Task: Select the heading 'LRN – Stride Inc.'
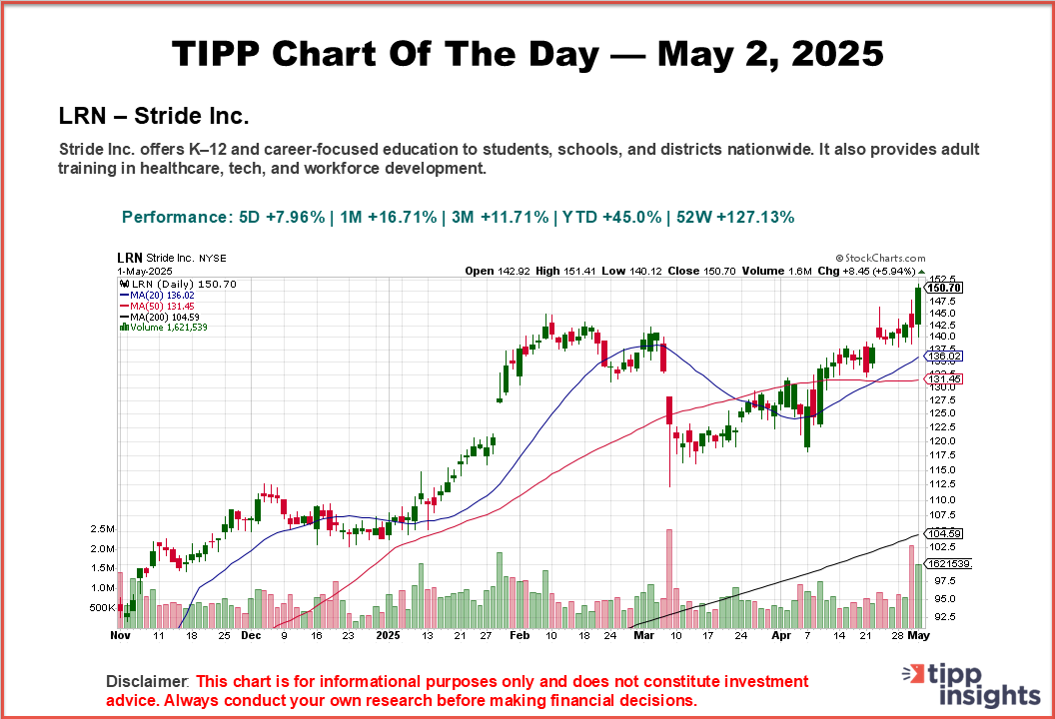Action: click(x=154, y=116)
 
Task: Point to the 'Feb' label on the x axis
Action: click(x=520, y=634)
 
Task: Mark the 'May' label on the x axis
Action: click(x=919, y=634)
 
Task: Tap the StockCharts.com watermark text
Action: click(x=880, y=258)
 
